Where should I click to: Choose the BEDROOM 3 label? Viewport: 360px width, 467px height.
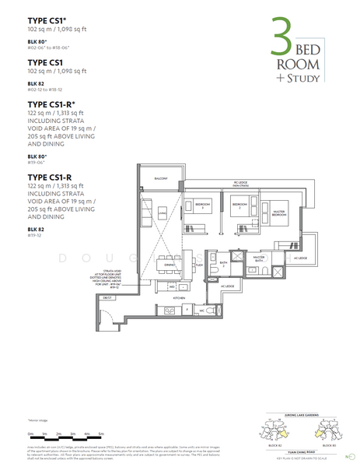point(204,207)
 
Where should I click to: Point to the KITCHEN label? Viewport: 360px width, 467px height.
point(178,297)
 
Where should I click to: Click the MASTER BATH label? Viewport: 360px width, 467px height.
point(259,258)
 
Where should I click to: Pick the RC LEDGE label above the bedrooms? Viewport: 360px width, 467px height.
point(240,183)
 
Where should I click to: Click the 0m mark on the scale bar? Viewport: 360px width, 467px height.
point(30,433)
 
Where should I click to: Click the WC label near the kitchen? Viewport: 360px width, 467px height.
point(201,309)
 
